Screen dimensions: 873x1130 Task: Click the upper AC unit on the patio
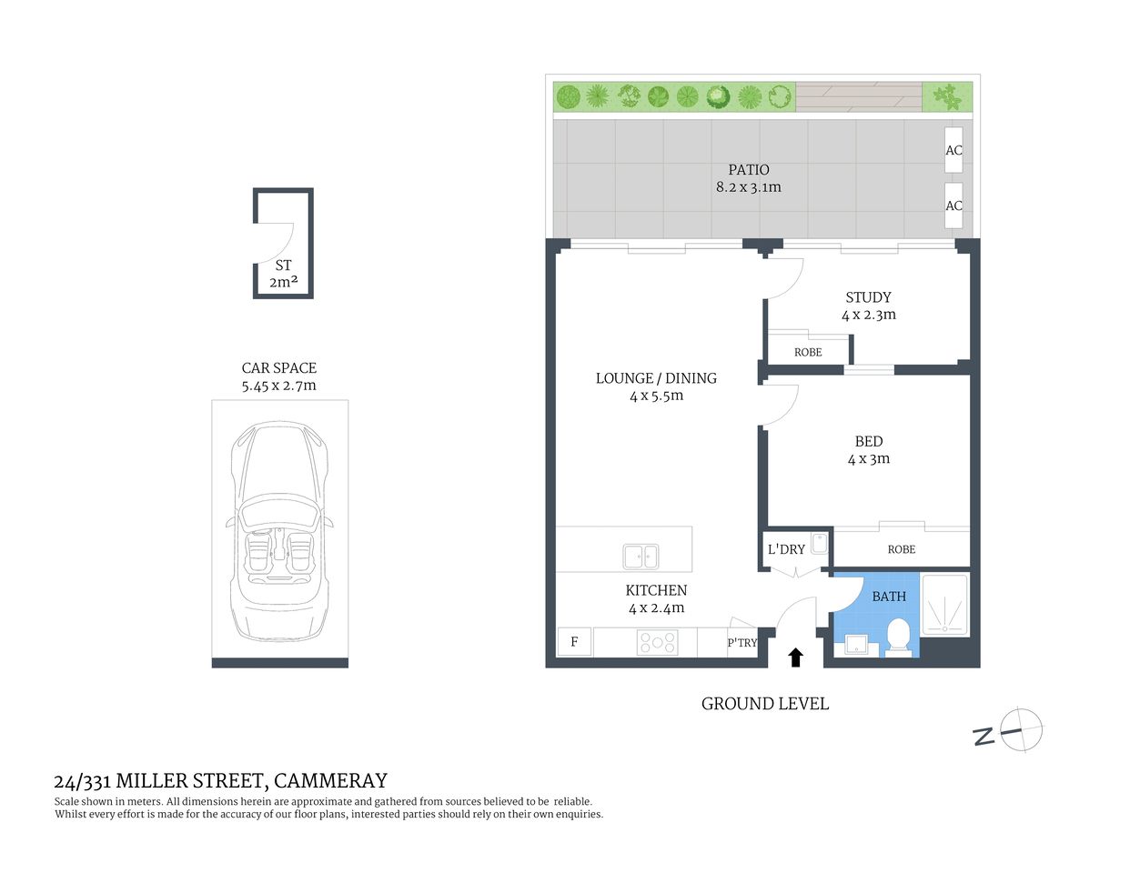953,150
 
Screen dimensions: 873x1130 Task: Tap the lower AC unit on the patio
953,205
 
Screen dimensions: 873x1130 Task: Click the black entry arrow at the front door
795,657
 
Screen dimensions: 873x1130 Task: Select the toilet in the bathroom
899,637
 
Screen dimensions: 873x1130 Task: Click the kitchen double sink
641,556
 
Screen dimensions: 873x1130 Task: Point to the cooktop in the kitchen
657,643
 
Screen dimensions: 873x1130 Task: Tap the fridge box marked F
574,642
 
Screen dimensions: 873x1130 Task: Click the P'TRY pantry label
742,643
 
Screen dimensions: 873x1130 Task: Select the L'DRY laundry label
786,549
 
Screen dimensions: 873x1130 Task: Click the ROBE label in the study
807,352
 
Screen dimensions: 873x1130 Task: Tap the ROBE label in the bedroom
901,549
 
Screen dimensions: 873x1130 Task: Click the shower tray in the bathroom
945,604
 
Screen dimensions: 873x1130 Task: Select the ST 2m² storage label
283,274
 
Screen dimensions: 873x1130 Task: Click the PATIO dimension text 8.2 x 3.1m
748,187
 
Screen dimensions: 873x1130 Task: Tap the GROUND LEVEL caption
764,704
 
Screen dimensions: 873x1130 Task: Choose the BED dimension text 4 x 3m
868,459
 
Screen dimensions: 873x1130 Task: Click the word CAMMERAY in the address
330,780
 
